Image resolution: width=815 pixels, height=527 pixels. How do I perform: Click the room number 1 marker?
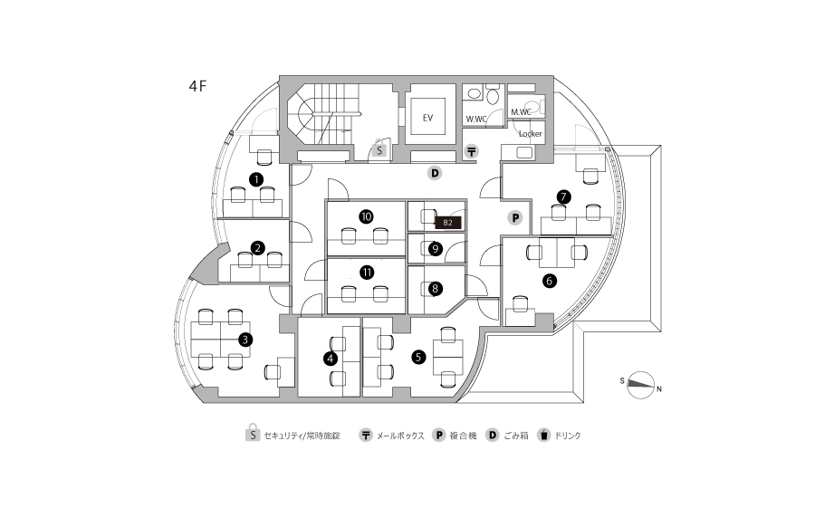[x=257, y=179]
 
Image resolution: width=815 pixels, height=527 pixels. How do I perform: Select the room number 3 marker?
[x=244, y=340]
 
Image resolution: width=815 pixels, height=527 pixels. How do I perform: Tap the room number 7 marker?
[x=563, y=196]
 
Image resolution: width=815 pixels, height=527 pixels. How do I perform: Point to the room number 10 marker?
[x=367, y=217]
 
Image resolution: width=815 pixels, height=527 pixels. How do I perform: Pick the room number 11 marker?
[x=367, y=272]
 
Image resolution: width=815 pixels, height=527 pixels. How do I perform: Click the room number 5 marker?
[x=418, y=357]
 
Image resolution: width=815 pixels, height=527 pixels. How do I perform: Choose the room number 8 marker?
[x=436, y=289]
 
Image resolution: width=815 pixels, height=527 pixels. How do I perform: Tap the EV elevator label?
[x=428, y=118]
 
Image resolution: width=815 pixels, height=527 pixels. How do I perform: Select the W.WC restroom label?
[x=475, y=119]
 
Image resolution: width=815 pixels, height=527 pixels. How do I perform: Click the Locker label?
[x=530, y=133]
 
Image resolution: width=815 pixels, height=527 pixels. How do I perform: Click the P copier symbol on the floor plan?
[x=514, y=217]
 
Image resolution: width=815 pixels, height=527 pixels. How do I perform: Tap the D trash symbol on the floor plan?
[x=435, y=172]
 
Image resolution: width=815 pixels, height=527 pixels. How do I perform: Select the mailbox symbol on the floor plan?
[x=471, y=151]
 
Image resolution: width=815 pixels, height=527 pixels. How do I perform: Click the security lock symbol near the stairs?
[x=380, y=149]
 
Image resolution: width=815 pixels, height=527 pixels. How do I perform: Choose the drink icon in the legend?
[x=544, y=435]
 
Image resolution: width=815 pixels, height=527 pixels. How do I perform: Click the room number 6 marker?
[x=549, y=281]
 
